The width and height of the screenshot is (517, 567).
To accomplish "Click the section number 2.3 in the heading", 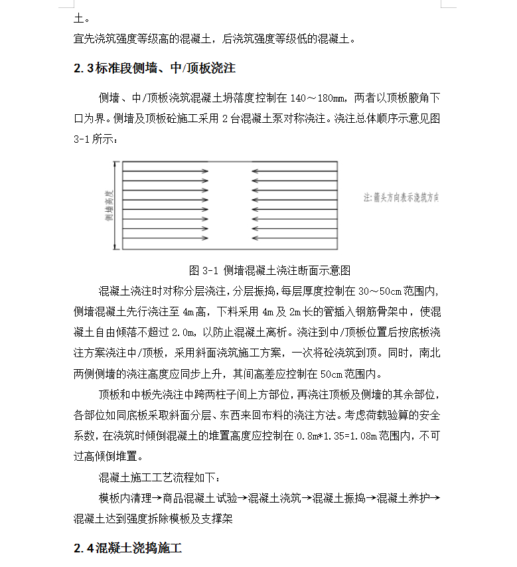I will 83,68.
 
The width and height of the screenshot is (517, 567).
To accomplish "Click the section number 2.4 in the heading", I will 83,548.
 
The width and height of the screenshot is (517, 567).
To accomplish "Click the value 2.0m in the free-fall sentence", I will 181,332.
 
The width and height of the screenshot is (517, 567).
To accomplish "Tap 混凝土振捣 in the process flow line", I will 338,498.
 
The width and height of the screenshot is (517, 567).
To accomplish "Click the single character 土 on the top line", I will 79,19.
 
